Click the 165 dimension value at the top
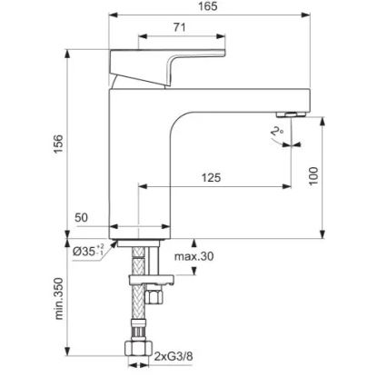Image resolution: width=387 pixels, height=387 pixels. click(208, 6)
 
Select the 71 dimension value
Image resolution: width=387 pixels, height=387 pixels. click(179, 28)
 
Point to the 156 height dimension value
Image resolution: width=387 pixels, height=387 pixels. click(59, 143)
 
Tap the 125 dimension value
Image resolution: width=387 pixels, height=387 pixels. click(211, 178)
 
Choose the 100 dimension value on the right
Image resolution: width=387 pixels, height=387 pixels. click(313, 176)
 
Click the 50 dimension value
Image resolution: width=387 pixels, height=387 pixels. click(82, 218)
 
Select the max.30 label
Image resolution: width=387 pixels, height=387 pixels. click(193, 256)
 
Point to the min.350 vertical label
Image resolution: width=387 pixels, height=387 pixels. click(59, 299)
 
